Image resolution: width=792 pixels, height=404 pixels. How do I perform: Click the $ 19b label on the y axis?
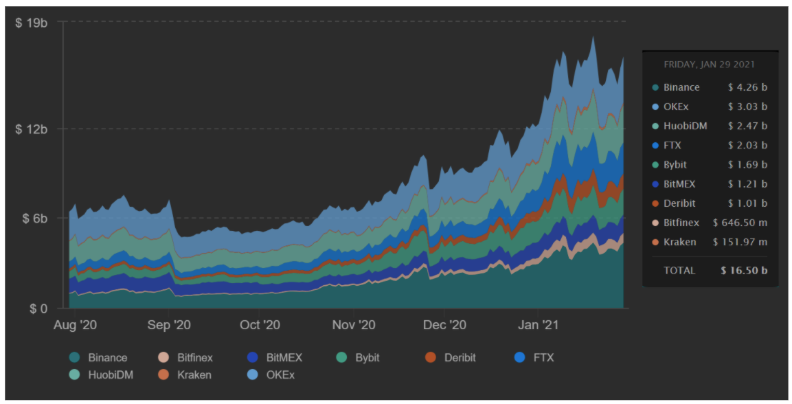pyautogui.click(x=31, y=23)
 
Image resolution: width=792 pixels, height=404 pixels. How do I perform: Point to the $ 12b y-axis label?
pyautogui.click(x=31, y=129)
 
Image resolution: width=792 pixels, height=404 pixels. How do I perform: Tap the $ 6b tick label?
pyautogui.click(x=34, y=218)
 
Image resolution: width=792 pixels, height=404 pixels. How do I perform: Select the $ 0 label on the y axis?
pyautogui.click(x=38, y=308)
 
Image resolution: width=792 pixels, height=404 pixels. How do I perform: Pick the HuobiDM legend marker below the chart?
pyautogui.click(x=74, y=374)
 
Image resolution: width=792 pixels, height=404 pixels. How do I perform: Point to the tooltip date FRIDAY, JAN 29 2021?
pyautogui.click(x=709, y=65)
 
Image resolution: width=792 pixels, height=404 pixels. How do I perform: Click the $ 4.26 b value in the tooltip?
pyautogui.click(x=747, y=87)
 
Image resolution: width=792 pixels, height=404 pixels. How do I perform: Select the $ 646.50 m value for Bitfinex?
pyautogui.click(x=740, y=223)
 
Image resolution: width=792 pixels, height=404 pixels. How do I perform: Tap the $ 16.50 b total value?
pyautogui.click(x=745, y=271)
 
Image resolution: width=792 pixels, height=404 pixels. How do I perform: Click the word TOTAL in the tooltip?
pyautogui.click(x=679, y=271)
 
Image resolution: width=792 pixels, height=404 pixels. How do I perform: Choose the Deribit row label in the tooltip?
pyautogui.click(x=680, y=203)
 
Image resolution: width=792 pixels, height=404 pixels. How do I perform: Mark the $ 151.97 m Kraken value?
pyautogui.click(x=740, y=242)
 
